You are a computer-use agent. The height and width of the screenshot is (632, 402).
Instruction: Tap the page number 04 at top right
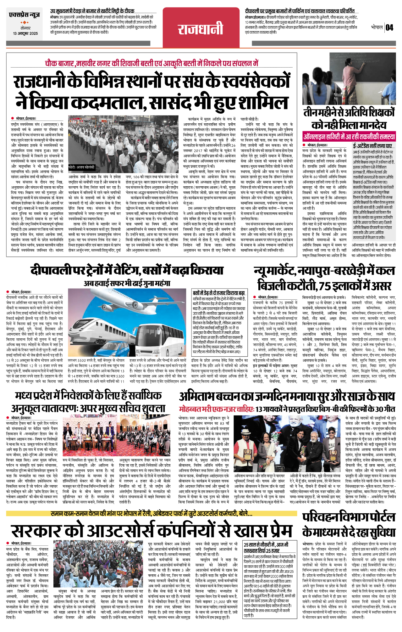click(389, 27)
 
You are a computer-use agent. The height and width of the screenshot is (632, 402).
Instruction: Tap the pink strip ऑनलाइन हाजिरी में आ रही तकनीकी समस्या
click(349, 137)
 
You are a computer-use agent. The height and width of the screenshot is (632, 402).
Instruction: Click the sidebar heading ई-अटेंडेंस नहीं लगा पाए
click(372, 146)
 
